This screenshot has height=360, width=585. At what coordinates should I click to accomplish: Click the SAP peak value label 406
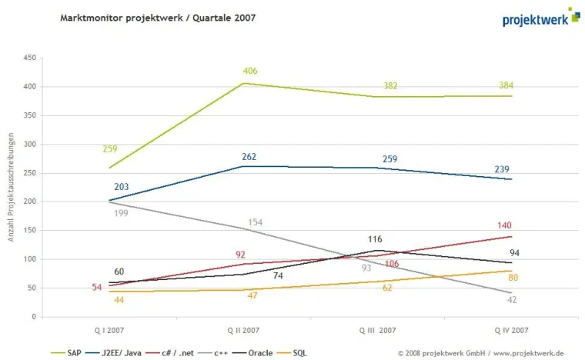(249, 72)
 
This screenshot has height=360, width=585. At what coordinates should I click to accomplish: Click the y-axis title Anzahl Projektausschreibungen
(12, 187)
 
